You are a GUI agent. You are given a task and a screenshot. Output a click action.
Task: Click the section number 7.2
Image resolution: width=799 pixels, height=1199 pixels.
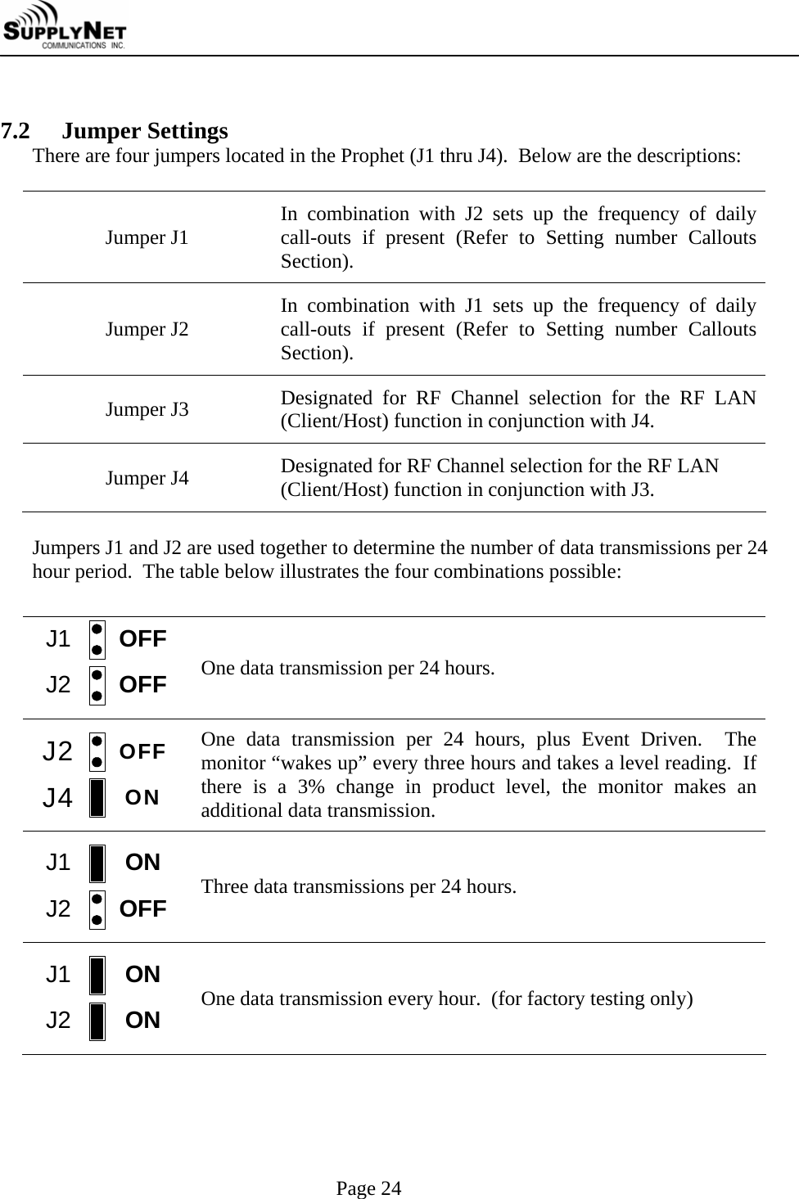tap(16, 131)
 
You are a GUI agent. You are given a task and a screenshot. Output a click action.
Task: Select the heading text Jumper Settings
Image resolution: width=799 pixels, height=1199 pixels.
tap(145, 131)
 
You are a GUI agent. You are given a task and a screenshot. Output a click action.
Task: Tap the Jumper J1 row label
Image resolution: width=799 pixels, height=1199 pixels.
tap(147, 238)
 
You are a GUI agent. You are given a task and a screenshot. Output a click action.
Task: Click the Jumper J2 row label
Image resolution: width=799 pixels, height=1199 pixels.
tap(147, 330)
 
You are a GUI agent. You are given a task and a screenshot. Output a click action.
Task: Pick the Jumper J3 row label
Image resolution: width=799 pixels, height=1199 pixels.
tap(147, 409)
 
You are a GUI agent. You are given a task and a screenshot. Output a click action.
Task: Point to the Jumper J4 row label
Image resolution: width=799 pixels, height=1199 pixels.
tap(147, 478)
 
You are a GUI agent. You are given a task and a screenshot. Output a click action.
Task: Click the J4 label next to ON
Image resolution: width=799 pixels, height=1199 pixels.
tap(58, 797)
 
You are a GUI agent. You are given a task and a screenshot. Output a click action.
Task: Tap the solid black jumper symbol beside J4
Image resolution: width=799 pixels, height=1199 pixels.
tap(97, 798)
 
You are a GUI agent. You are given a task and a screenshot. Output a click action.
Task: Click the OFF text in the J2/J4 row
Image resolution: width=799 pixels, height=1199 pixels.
tap(142, 751)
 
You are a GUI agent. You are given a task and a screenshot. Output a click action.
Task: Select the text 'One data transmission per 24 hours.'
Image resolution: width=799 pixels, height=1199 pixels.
tap(347, 669)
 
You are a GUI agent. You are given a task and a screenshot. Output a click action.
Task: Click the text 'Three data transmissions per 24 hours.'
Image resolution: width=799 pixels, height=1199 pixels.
tap(359, 887)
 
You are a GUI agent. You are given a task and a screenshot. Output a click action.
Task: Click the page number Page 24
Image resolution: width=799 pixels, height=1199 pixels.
tap(369, 1188)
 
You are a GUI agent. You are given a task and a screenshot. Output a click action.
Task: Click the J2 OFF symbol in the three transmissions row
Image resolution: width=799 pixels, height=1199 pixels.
tap(97, 909)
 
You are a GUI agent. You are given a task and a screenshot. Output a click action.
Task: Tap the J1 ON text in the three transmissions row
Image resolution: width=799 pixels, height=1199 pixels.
tap(142, 863)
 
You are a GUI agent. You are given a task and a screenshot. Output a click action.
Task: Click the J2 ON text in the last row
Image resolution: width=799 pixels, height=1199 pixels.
tap(142, 1021)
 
